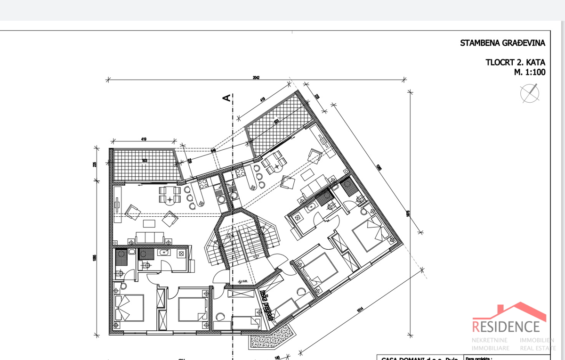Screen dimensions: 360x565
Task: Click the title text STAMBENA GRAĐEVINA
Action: coord(502,43)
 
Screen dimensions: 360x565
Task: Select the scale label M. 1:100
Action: coord(529,72)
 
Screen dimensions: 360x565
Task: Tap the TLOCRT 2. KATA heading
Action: coord(515,62)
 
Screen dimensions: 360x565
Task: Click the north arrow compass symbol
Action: coord(530,93)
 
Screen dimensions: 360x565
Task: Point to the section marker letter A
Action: coord(226,98)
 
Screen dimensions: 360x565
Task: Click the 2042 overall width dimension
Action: coord(256,78)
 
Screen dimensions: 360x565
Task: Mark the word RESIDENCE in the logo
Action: coord(506,326)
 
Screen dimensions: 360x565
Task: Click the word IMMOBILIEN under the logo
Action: coord(537,340)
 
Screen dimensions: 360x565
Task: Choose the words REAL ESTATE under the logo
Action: coord(537,348)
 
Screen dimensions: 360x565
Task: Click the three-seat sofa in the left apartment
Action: coord(150,237)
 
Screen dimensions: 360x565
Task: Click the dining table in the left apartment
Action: coord(169,195)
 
